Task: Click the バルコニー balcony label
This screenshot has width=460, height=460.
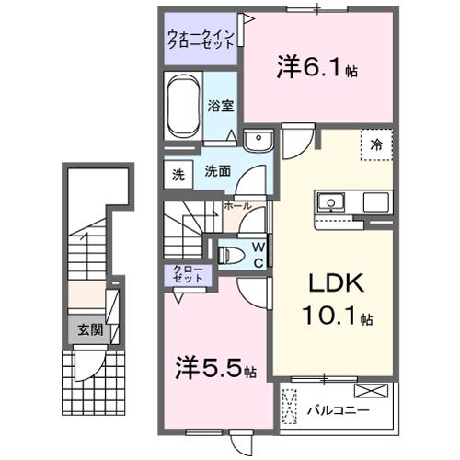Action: (x=338, y=410)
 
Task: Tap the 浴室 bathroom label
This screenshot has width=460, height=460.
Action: (x=220, y=106)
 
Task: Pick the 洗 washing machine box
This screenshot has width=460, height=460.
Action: (x=178, y=171)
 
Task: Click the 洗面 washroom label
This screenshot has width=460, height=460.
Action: (x=217, y=171)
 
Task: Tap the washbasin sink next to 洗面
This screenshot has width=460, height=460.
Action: (x=259, y=141)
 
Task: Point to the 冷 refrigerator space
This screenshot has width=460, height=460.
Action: (x=377, y=144)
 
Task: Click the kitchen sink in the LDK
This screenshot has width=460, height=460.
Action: (x=330, y=201)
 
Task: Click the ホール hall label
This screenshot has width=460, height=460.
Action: (x=239, y=207)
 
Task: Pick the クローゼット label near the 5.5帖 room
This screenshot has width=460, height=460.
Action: (x=189, y=274)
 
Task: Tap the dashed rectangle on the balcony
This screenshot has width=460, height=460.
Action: (x=291, y=408)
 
